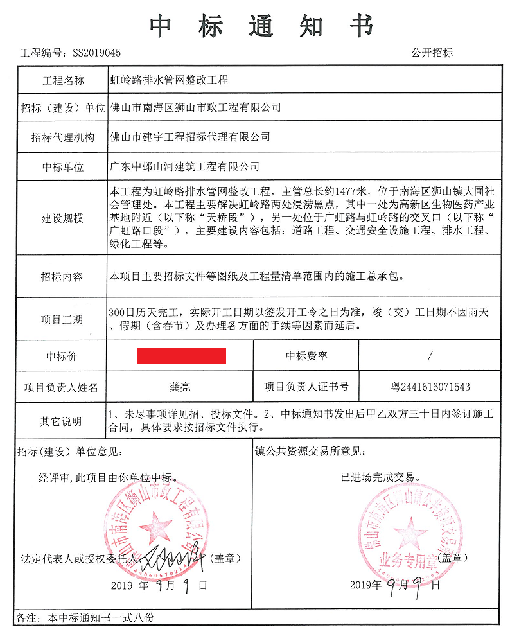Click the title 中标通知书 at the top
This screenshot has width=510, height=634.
click(x=261, y=26)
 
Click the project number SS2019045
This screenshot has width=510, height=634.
click(x=96, y=53)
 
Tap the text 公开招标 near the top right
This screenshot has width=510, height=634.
click(x=432, y=53)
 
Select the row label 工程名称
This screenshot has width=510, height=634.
click(x=63, y=81)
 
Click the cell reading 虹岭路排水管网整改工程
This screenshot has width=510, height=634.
click(x=169, y=81)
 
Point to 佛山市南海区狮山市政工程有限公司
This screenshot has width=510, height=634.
click(x=196, y=107)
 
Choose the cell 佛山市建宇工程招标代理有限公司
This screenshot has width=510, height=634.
click(x=190, y=137)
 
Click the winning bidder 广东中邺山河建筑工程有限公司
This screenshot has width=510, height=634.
click(x=185, y=166)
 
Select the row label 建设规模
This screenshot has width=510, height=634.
click(x=63, y=218)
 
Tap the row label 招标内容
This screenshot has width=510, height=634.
click(x=63, y=277)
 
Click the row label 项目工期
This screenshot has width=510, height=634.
click(x=63, y=319)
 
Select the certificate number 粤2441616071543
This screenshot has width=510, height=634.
click(x=430, y=387)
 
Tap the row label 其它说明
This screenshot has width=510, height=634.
click(x=63, y=421)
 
